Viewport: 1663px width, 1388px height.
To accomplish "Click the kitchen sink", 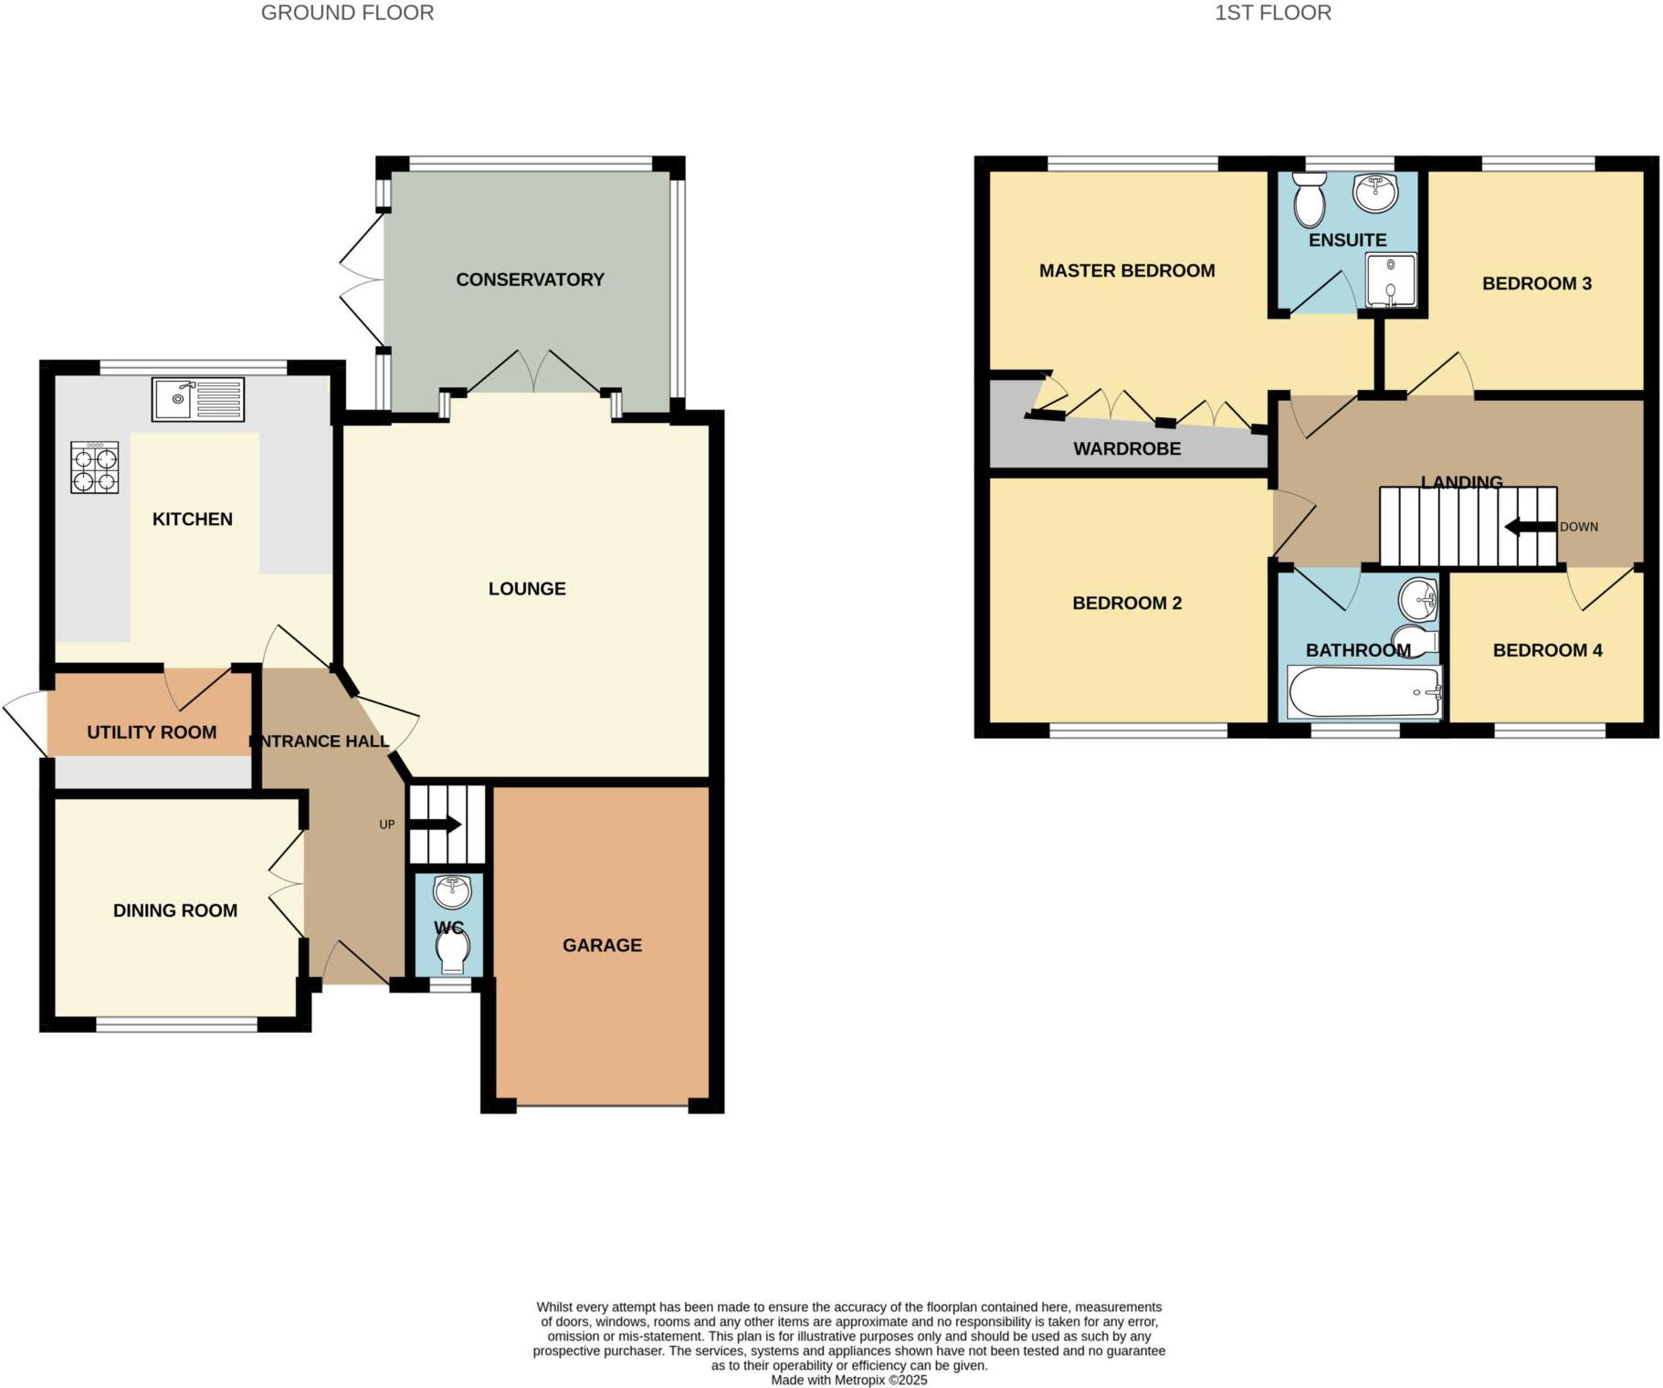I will [x=198, y=399].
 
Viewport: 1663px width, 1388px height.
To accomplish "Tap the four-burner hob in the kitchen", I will [x=95, y=468].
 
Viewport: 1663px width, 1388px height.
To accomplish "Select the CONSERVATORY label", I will [x=530, y=279].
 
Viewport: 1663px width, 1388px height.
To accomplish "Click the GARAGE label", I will [x=602, y=945].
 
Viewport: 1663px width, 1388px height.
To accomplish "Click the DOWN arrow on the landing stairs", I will [x=1530, y=527].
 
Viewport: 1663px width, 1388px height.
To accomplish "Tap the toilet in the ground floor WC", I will [x=452, y=952].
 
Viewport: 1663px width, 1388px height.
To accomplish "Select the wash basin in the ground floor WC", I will [x=452, y=890].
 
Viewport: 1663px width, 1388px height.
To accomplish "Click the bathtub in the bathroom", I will [x=1363, y=693].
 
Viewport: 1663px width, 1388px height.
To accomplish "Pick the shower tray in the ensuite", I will [x=1391, y=279].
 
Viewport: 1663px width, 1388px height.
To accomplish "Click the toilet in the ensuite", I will [x=1310, y=200].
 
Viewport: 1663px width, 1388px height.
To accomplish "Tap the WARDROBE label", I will [x=1127, y=448].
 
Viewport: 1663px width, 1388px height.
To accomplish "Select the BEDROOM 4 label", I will [x=1547, y=650].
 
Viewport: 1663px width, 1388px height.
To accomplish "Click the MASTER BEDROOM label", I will [x=1127, y=270].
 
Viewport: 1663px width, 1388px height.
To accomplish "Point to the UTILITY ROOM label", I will [x=152, y=732].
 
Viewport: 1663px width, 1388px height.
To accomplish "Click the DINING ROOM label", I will [x=175, y=910].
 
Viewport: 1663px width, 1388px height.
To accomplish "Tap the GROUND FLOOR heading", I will [x=347, y=13].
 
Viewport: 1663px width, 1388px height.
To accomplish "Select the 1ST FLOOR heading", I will [x=1272, y=13].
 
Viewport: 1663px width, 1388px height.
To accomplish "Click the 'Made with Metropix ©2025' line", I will [x=848, y=1380].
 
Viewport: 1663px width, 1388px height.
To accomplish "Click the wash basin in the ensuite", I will [x=1376, y=192].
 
